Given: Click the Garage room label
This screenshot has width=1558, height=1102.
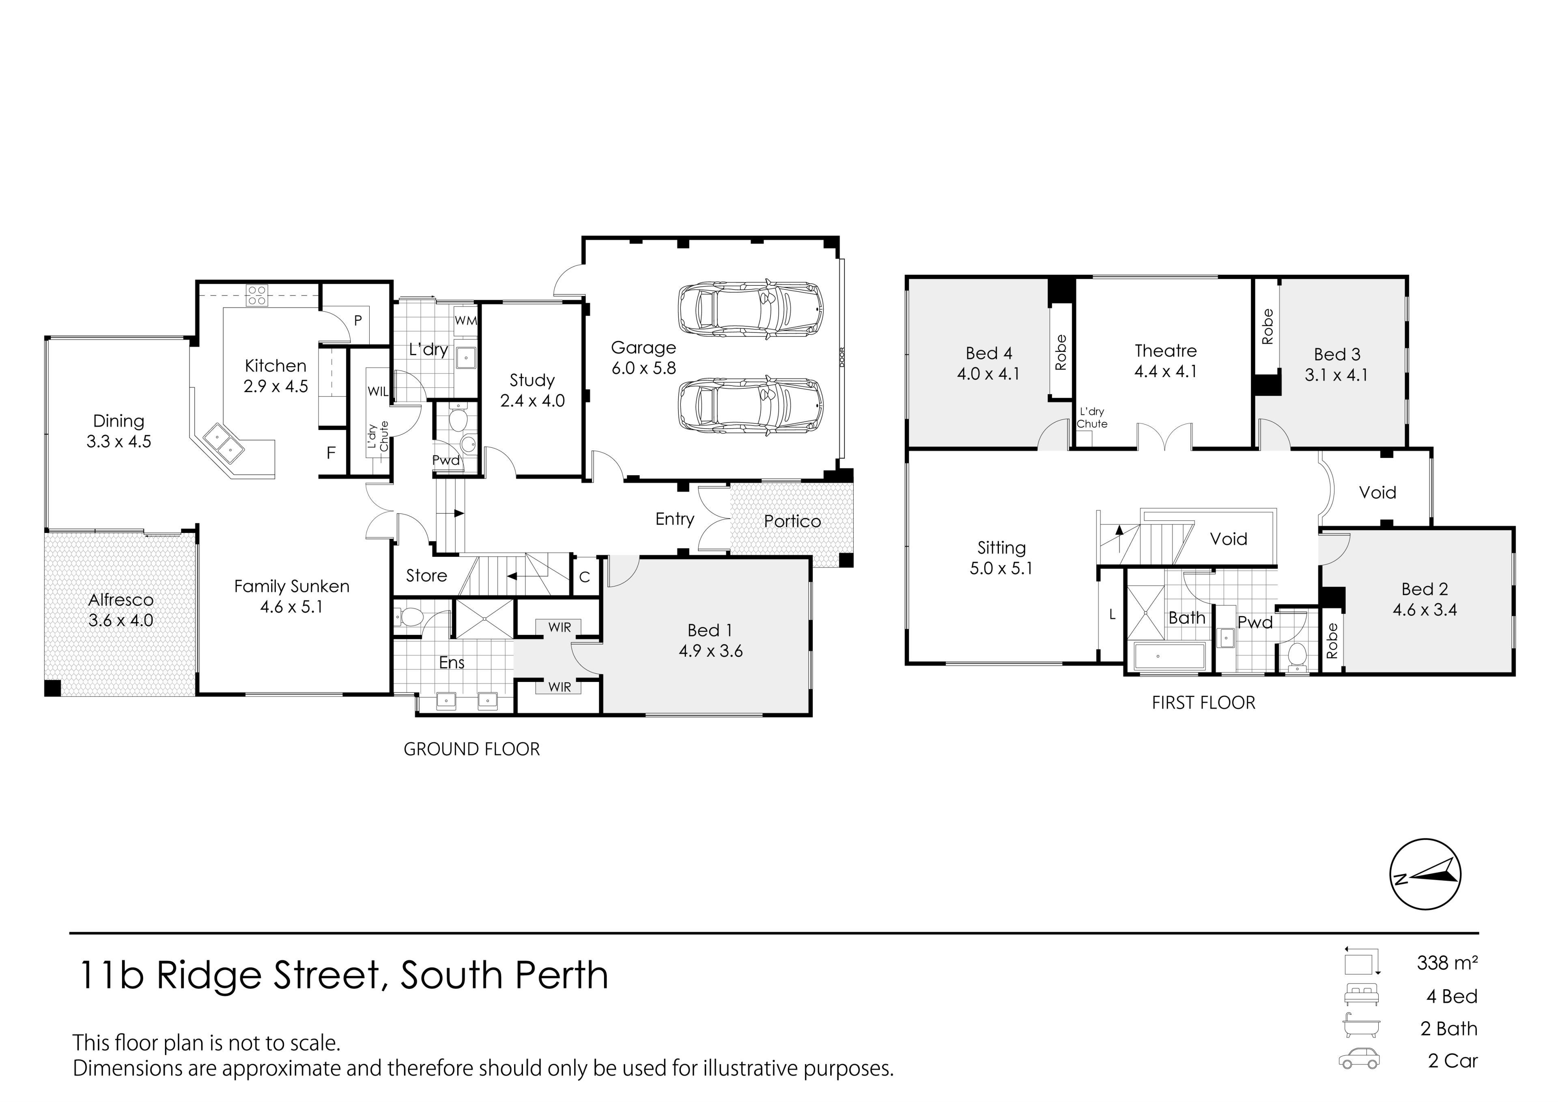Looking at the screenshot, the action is (x=643, y=347).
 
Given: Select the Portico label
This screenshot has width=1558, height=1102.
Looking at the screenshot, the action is (x=792, y=522).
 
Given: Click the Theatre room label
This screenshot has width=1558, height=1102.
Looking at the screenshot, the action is (x=1166, y=351).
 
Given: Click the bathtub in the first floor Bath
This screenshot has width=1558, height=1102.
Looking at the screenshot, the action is (x=1170, y=657).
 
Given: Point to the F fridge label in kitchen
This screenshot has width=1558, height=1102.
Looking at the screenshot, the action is (x=331, y=453).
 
